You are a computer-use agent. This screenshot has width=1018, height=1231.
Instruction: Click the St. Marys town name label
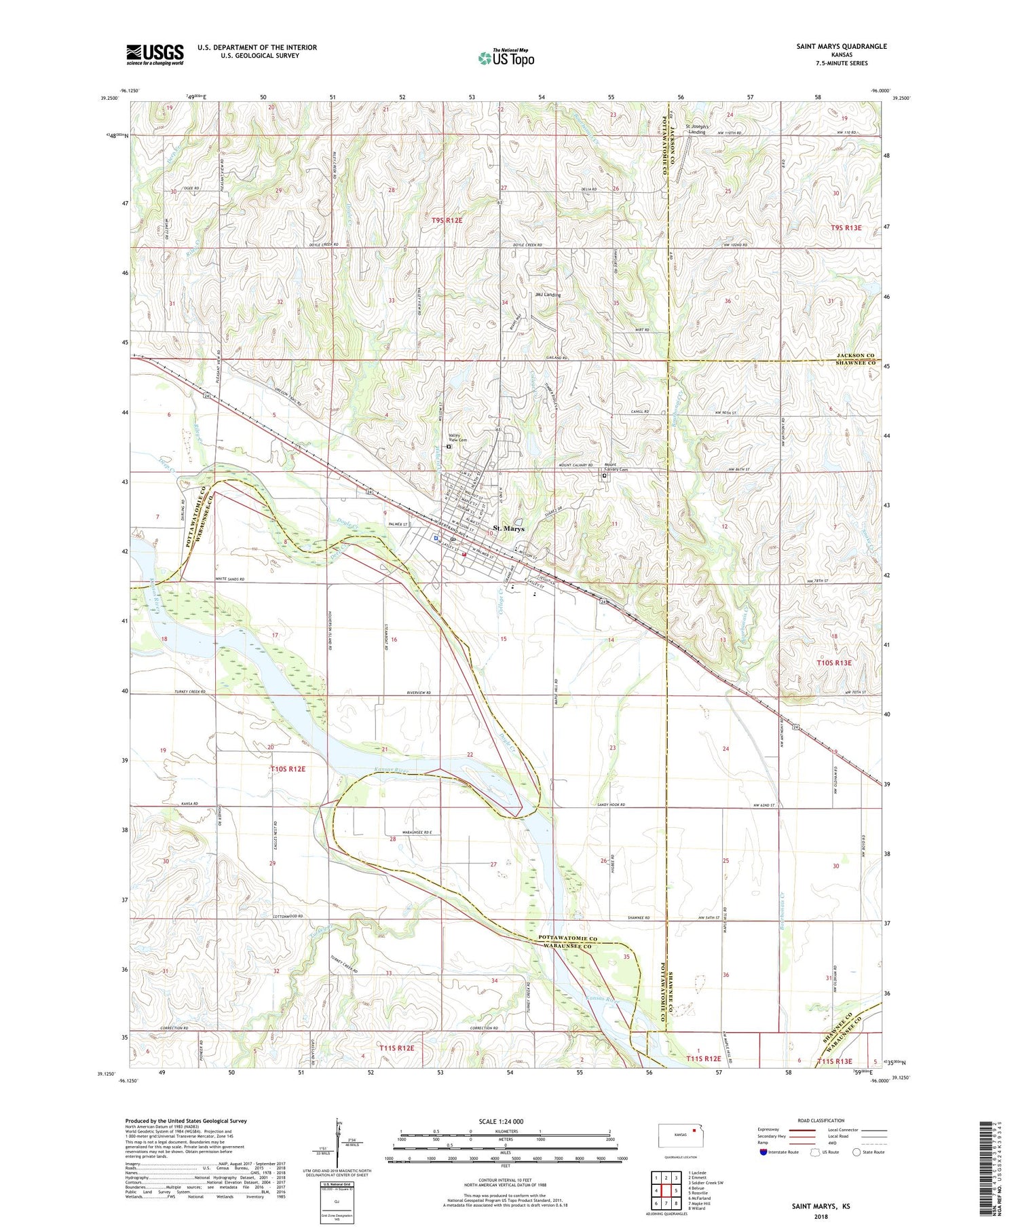[x=508, y=528]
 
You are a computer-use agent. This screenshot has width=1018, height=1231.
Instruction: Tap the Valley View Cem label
[x=458, y=438]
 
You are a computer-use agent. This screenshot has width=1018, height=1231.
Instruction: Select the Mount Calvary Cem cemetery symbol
[x=604, y=476]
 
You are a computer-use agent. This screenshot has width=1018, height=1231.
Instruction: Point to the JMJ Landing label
[x=548, y=295]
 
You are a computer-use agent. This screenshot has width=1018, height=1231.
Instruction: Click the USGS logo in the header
[x=155, y=54]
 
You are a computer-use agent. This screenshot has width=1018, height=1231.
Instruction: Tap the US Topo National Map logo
[x=506, y=58]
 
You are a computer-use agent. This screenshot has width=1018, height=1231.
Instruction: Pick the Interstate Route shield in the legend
[x=763, y=1152]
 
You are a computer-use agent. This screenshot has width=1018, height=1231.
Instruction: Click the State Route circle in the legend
[x=856, y=1152]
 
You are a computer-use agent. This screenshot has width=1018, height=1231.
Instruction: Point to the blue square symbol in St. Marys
[x=435, y=538]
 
